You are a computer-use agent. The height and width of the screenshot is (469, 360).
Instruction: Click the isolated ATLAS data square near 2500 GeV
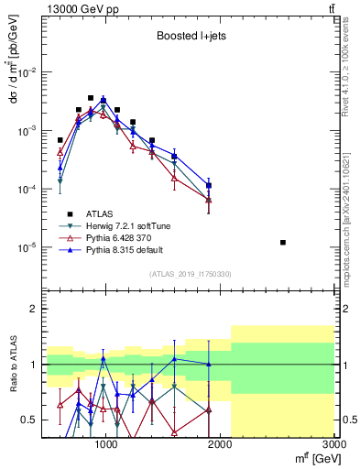283,243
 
